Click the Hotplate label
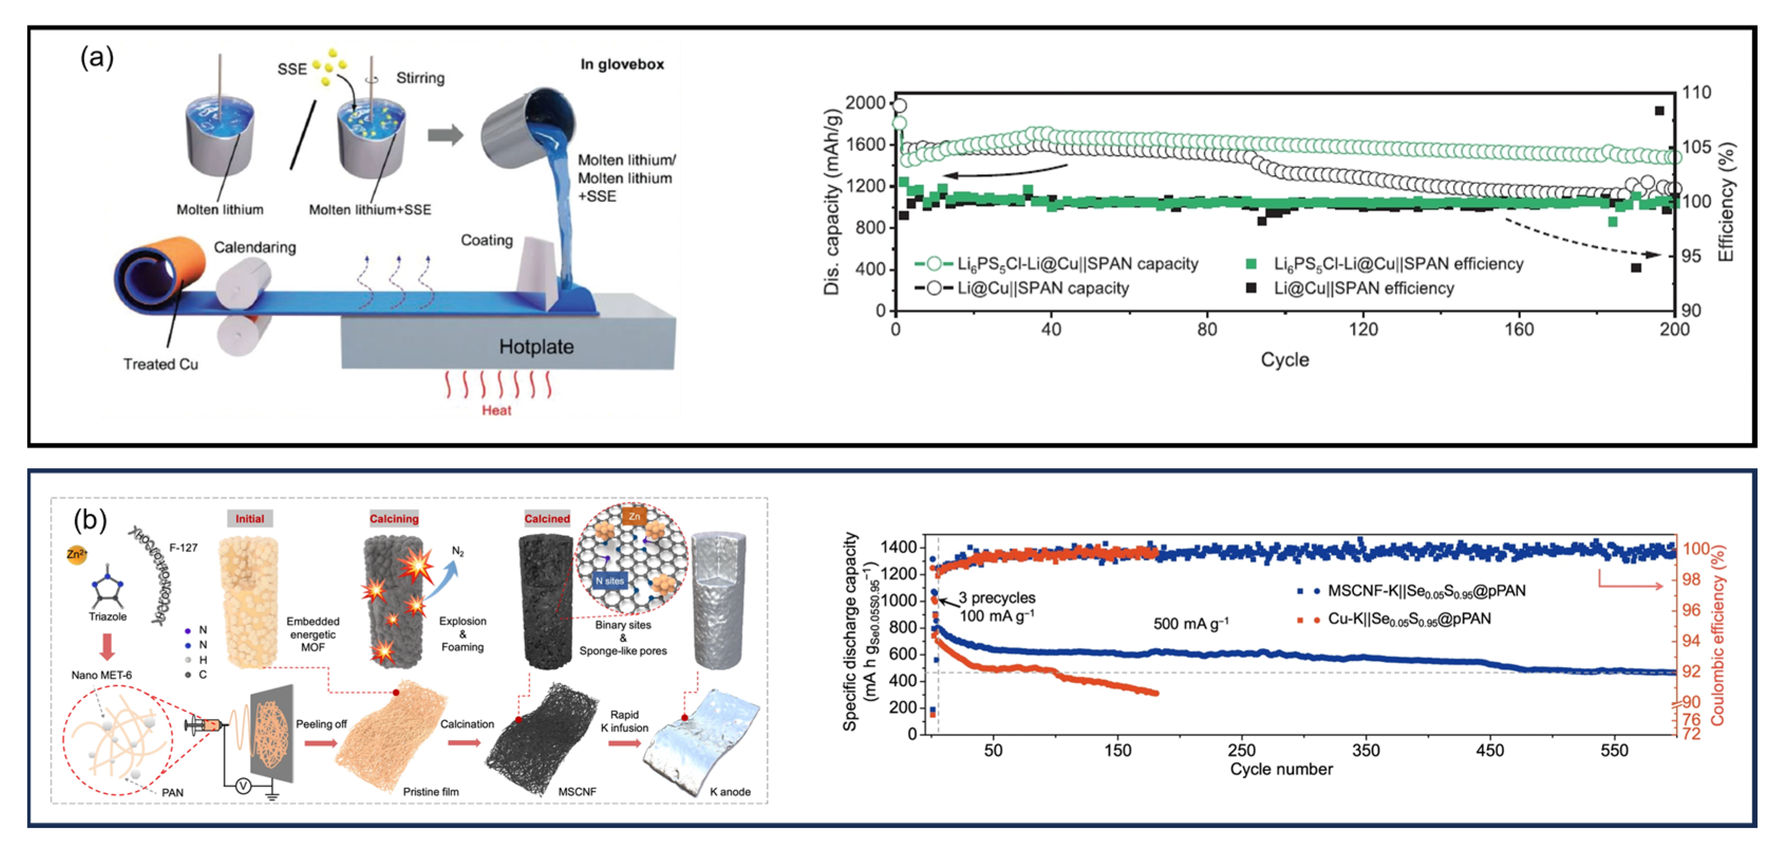pos(536,347)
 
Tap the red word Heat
pos(496,410)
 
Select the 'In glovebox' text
pos(622,64)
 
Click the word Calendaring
pos(255,248)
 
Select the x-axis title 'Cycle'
pos(1284,360)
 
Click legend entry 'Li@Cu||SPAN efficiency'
pos(1363,288)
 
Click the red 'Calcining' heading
pos(394,518)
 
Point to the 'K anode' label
pos(730,792)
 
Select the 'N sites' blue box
pos(609,581)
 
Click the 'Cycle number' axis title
pos(1281,769)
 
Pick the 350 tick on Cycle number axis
pos(1365,750)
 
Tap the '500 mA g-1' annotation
pos(1190,624)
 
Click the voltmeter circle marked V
pos(243,786)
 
